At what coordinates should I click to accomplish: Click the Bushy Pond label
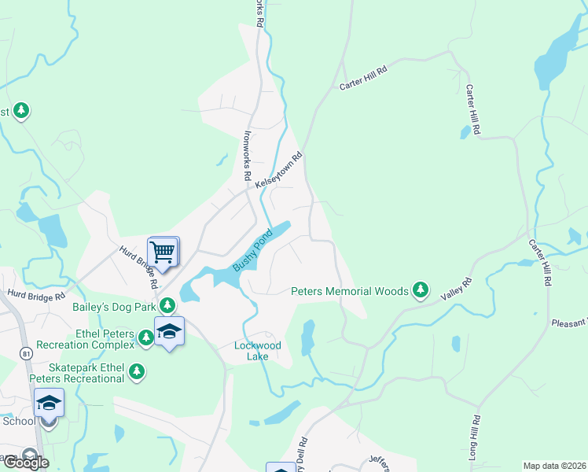pos(253,251)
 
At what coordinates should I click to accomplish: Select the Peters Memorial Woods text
pos(350,291)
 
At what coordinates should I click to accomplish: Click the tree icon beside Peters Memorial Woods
pos(421,291)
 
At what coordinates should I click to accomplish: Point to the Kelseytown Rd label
pos(278,170)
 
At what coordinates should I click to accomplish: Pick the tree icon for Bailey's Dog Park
pos(167,305)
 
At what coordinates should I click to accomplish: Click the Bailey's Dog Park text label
pos(115,306)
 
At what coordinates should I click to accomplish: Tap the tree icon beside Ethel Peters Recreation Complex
pos(145,338)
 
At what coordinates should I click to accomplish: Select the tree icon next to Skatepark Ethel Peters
pos(137,371)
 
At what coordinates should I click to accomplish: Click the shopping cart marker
pos(162,253)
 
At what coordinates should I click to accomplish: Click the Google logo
pos(25,463)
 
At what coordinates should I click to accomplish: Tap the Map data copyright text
pos(554,466)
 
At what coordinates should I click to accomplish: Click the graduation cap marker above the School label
pos(49,404)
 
